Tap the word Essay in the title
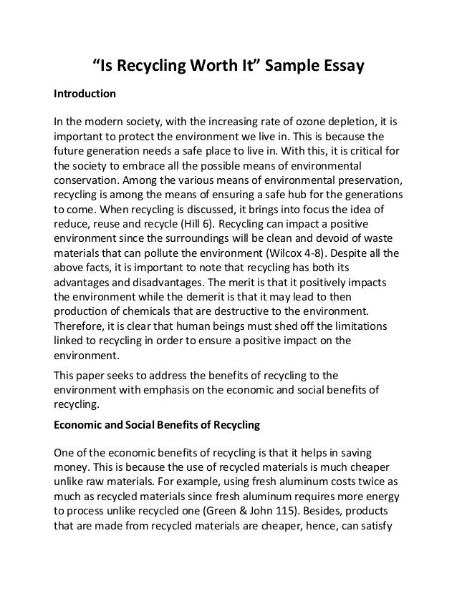pyautogui.click(x=340, y=67)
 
